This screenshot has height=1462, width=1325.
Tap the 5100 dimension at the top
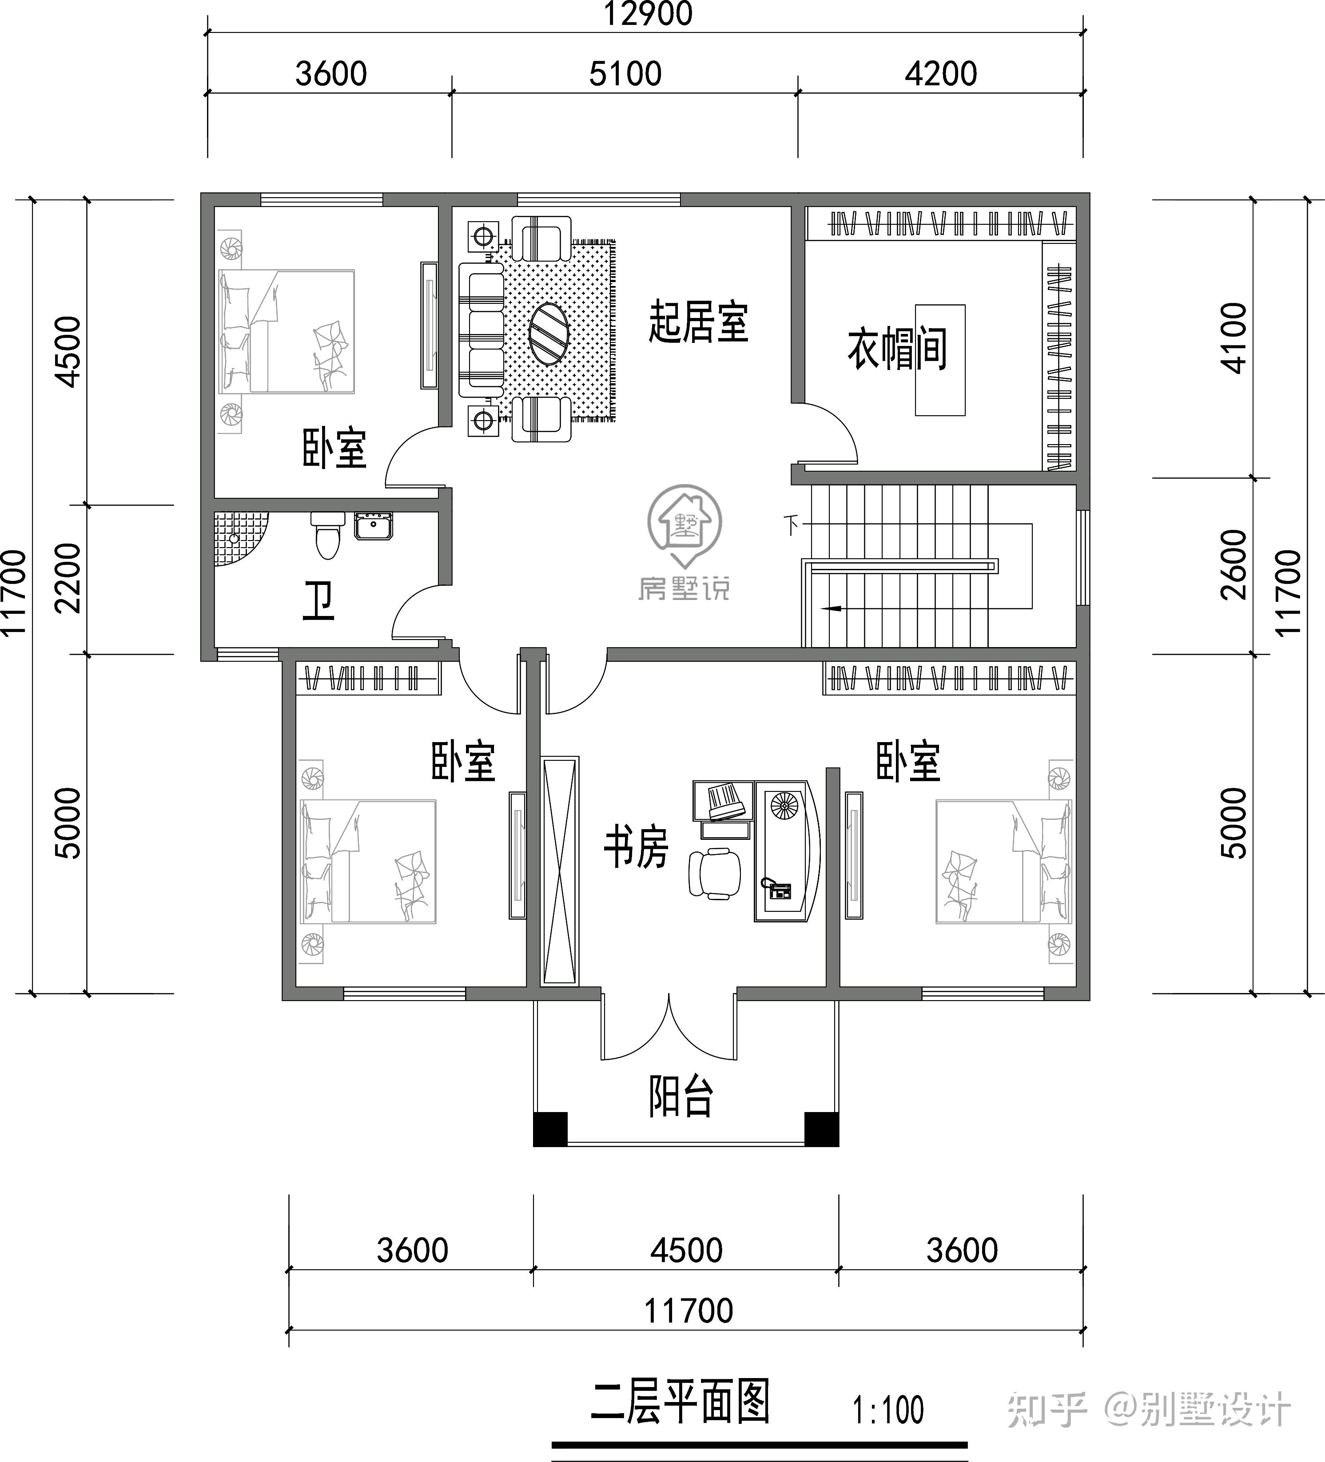click(625, 74)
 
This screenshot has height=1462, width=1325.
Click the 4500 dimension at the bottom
click(686, 1250)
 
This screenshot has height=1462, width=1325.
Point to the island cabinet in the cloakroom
click(940, 360)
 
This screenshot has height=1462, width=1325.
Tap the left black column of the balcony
click(550, 1128)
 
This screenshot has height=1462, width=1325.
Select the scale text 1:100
click(887, 1410)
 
